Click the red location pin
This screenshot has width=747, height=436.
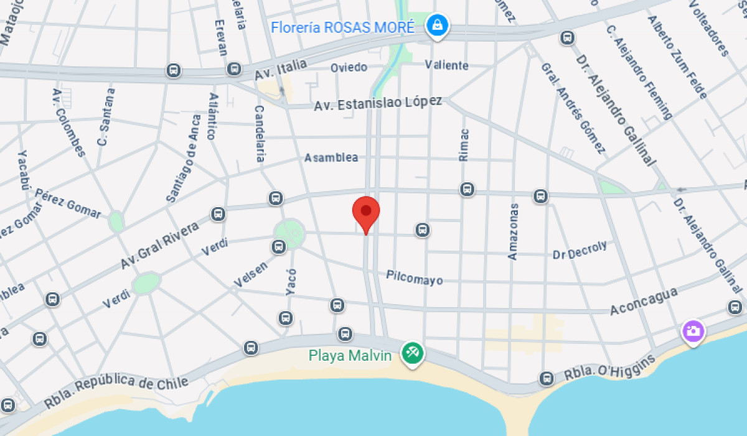(366, 213)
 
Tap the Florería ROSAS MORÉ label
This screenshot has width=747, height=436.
(342, 27)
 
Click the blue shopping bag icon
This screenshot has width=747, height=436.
(438, 26)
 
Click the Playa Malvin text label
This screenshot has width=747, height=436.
(350, 356)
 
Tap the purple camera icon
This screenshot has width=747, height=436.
(693, 330)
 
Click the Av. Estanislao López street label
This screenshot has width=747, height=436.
(378, 103)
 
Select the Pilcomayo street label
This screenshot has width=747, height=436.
(415, 277)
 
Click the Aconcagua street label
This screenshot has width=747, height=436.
(644, 301)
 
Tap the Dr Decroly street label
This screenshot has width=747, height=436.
(580, 251)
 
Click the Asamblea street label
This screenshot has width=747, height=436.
(331, 158)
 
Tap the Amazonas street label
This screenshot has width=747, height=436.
(514, 231)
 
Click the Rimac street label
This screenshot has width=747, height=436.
(464, 145)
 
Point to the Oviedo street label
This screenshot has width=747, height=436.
(349, 67)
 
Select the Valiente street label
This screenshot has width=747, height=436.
(446, 65)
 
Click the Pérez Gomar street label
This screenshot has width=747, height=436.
(68, 203)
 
